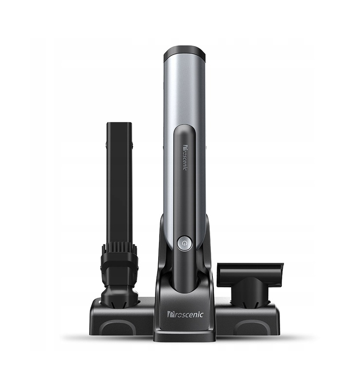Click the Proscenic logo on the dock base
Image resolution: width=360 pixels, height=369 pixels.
click(185, 314)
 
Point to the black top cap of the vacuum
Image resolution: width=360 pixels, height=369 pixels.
click(185, 55)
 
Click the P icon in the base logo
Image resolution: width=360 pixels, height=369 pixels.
click(170, 315)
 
